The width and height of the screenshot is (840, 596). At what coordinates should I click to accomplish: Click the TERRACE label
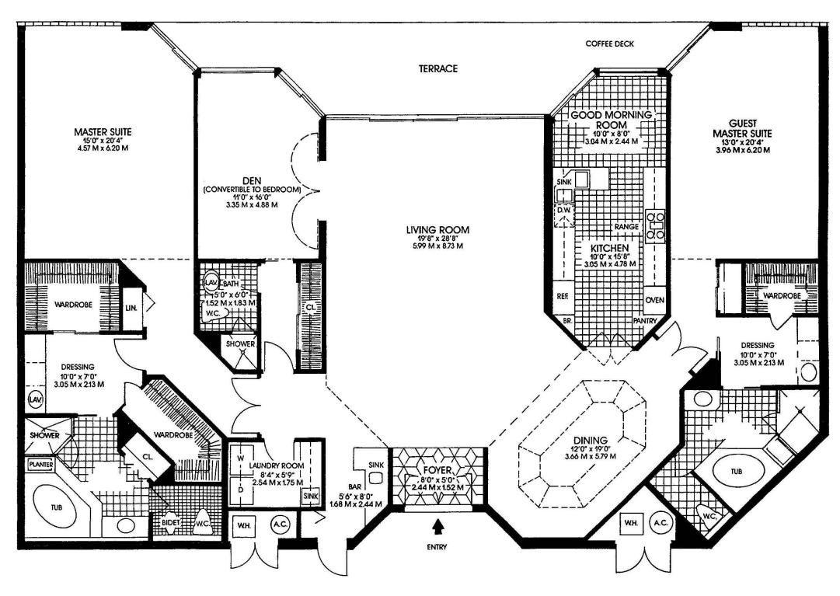pos(438,68)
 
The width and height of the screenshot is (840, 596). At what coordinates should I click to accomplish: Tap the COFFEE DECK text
pos(610,44)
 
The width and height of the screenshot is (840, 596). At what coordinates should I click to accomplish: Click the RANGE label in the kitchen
pos(626,226)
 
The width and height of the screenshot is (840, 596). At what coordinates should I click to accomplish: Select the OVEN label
pos(654,301)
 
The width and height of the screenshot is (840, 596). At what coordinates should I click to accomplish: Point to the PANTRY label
pos(646,319)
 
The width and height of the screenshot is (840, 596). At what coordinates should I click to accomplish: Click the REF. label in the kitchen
pos(563,296)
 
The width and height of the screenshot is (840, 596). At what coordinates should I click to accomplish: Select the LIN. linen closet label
pos(131,308)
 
